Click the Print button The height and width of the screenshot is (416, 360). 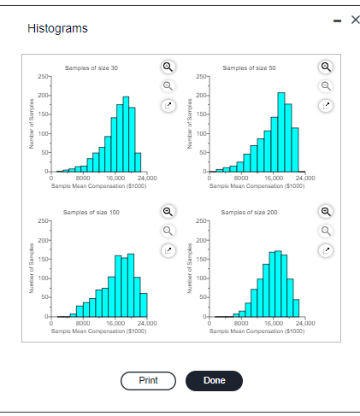(x=148, y=380)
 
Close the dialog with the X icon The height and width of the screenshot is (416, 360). (x=348, y=20)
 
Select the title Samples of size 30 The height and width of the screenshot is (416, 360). (x=91, y=67)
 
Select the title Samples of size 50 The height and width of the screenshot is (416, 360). (x=249, y=67)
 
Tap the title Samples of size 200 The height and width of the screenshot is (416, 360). (x=249, y=211)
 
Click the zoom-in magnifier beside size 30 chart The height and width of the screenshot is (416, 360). (x=168, y=67)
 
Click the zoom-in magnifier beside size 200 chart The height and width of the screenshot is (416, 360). (x=325, y=211)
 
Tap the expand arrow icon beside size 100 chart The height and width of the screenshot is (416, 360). (x=168, y=250)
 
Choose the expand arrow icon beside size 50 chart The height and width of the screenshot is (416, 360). (x=325, y=106)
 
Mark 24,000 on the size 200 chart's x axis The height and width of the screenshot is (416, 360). (x=305, y=323)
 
